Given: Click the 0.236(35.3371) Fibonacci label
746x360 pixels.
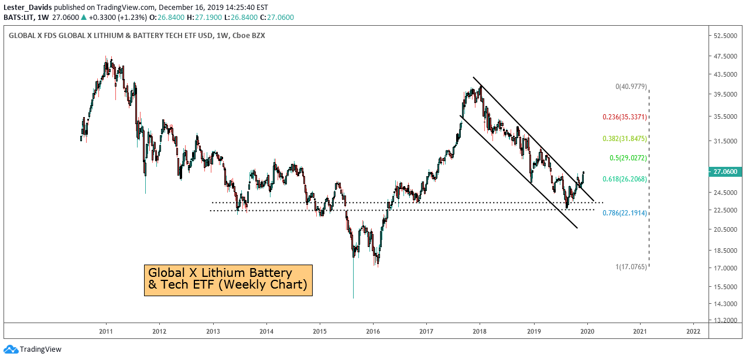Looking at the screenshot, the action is [x=624, y=117].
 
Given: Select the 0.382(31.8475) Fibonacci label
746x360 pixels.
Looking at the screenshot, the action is [x=624, y=139].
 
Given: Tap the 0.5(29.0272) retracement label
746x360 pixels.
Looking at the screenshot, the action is [x=628, y=158].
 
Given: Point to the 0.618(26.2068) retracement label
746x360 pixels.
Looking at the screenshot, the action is [x=624, y=179].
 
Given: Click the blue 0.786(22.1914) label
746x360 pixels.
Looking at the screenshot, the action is [x=624, y=213].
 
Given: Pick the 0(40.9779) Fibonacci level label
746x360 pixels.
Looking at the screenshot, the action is [x=631, y=87].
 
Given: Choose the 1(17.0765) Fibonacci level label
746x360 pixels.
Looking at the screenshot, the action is [x=631, y=266].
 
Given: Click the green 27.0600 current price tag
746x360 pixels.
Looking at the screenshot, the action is [x=726, y=172].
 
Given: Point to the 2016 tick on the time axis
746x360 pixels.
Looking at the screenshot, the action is [x=372, y=331].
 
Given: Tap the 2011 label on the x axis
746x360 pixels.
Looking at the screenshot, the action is [x=106, y=331].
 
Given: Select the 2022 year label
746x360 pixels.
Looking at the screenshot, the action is [x=693, y=331].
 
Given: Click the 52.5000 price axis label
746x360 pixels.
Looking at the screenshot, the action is [x=726, y=36].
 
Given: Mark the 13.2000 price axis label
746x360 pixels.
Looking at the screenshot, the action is [x=726, y=320].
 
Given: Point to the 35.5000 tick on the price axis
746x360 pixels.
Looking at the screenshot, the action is [x=726, y=116].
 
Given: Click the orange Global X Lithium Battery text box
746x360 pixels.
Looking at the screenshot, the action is [x=228, y=280].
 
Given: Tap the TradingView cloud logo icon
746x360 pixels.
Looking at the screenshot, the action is [x=11, y=349].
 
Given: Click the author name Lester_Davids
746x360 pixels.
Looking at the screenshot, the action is [x=28, y=8].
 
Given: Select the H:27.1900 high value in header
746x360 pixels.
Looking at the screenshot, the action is [x=204, y=18].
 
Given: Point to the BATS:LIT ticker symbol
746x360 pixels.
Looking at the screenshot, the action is [x=19, y=18].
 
